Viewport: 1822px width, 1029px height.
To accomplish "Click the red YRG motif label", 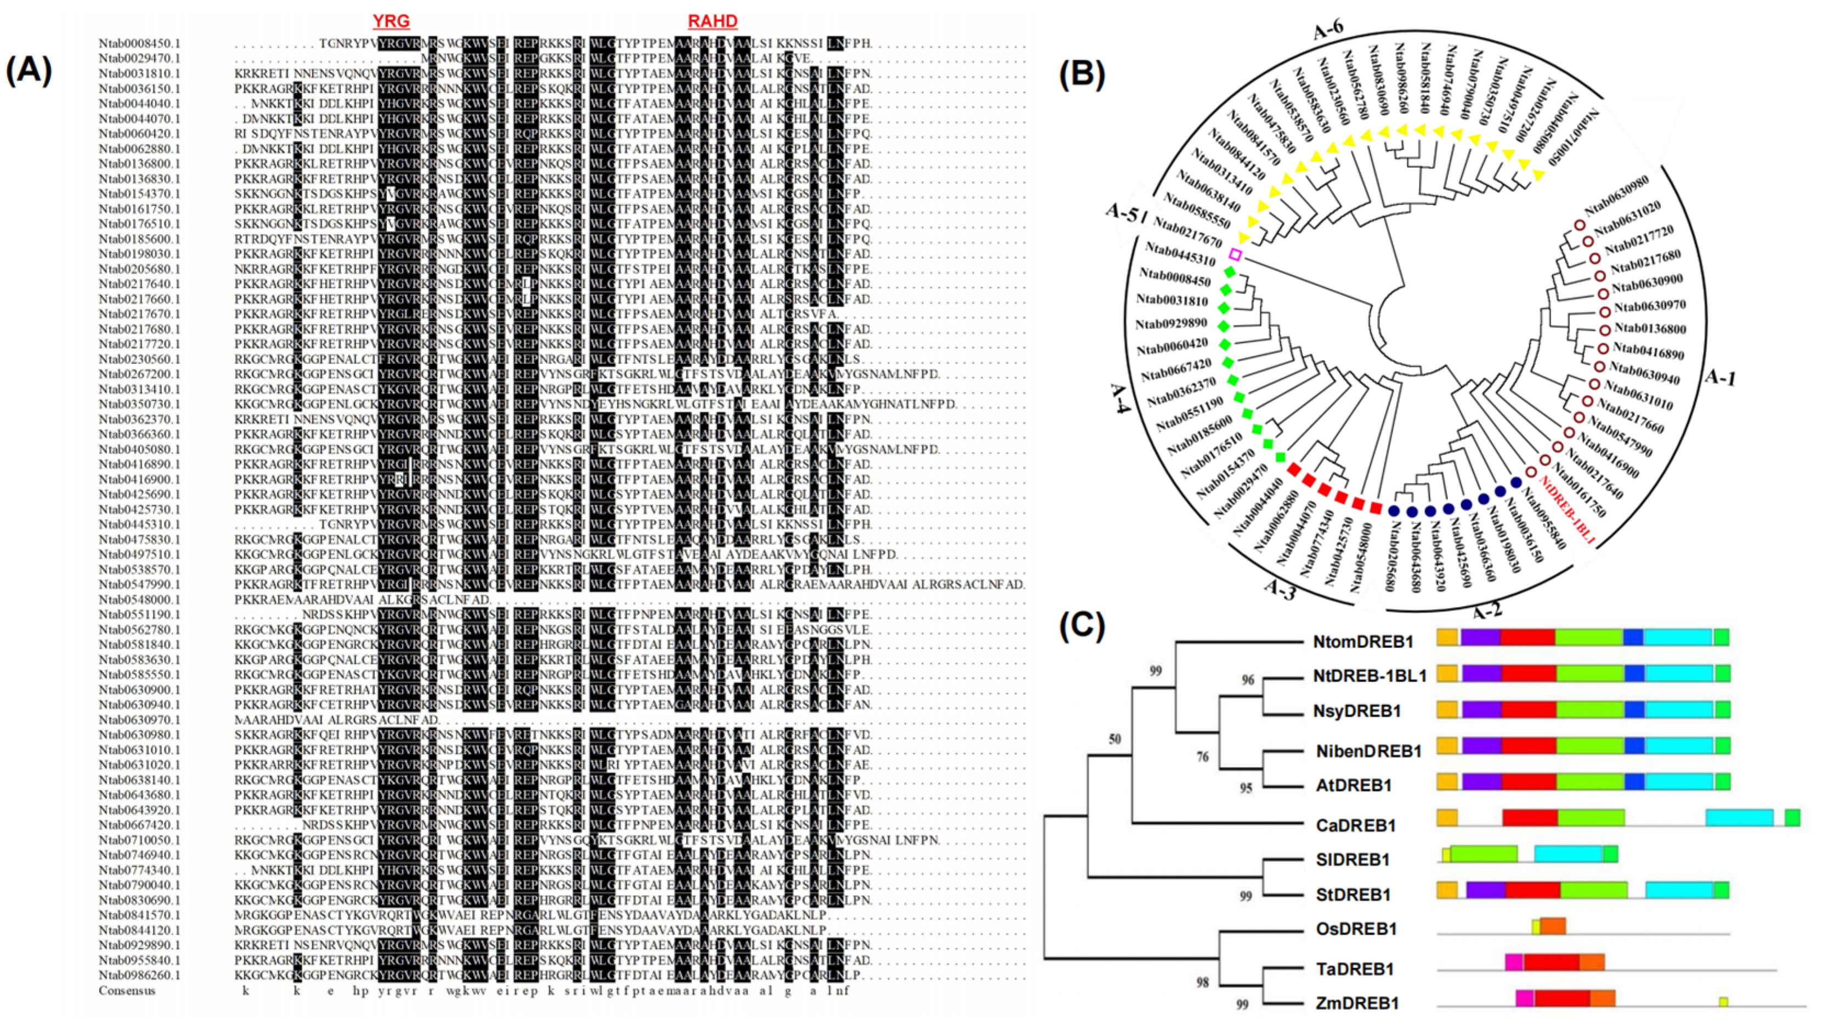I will click(391, 21).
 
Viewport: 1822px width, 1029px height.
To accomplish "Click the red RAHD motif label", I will click(712, 21).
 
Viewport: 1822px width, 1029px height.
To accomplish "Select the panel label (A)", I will click(29, 71).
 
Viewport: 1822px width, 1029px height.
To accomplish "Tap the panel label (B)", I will click(1082, 73).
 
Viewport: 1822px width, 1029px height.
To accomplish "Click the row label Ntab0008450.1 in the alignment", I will click(139, 43).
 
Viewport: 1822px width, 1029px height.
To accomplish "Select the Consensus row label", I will click(127, 990).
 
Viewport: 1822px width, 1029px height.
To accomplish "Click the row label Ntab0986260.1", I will click(139, 975).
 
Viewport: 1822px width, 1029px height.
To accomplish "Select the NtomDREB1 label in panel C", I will click(1363, 641).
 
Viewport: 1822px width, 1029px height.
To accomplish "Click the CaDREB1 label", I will click(1355, 825).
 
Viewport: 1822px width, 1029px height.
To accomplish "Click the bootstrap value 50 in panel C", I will click(1114, 739).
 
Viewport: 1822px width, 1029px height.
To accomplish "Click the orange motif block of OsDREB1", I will click(1553, 926).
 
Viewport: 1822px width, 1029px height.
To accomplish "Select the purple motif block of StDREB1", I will click(1485, 890).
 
